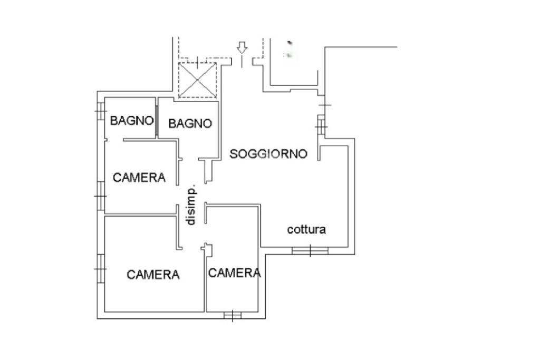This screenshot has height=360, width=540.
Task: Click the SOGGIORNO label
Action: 268,154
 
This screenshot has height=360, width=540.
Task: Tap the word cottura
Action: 306,229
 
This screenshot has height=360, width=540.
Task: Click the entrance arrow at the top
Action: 242,48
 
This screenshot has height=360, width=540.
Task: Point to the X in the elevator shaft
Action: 197,80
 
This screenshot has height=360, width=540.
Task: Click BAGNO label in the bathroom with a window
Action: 131,121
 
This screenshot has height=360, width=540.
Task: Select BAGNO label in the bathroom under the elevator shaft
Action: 190,123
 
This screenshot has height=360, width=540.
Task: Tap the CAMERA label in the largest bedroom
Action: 153,275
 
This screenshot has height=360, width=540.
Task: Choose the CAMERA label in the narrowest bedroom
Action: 234,273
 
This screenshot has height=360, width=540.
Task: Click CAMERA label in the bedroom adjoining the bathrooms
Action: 139,178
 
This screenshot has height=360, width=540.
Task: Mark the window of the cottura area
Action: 310,250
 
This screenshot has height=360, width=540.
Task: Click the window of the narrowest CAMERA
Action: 233,316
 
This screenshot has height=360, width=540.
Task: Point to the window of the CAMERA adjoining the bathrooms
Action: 100,196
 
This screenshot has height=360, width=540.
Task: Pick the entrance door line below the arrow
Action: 242,62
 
